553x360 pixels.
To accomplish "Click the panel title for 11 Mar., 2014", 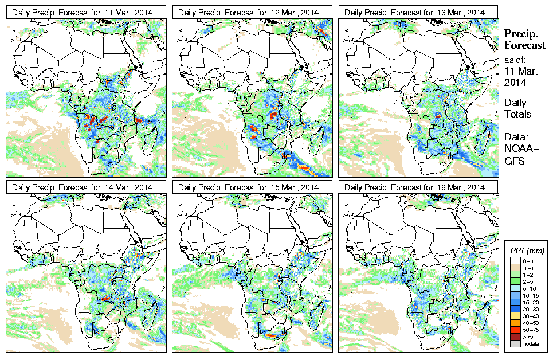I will [84, 12].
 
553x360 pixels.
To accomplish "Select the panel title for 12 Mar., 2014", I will [250, 12].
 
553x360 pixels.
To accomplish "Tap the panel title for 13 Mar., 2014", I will [416, 12].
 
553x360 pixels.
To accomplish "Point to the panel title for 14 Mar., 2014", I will [84, 187].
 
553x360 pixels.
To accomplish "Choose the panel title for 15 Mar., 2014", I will [250, 187].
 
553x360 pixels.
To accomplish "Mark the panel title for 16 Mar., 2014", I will [416, 187].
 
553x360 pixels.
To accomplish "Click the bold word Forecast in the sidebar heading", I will [524, 46].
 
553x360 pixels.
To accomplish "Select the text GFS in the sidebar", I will [514, 162].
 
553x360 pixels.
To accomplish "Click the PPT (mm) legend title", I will [527, 251].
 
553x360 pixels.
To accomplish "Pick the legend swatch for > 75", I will [515, 336].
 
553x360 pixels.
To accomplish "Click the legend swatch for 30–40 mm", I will [515, 315].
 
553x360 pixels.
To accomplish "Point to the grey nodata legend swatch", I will [515, 343].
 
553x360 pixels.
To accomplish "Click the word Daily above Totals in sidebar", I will [516, 103].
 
